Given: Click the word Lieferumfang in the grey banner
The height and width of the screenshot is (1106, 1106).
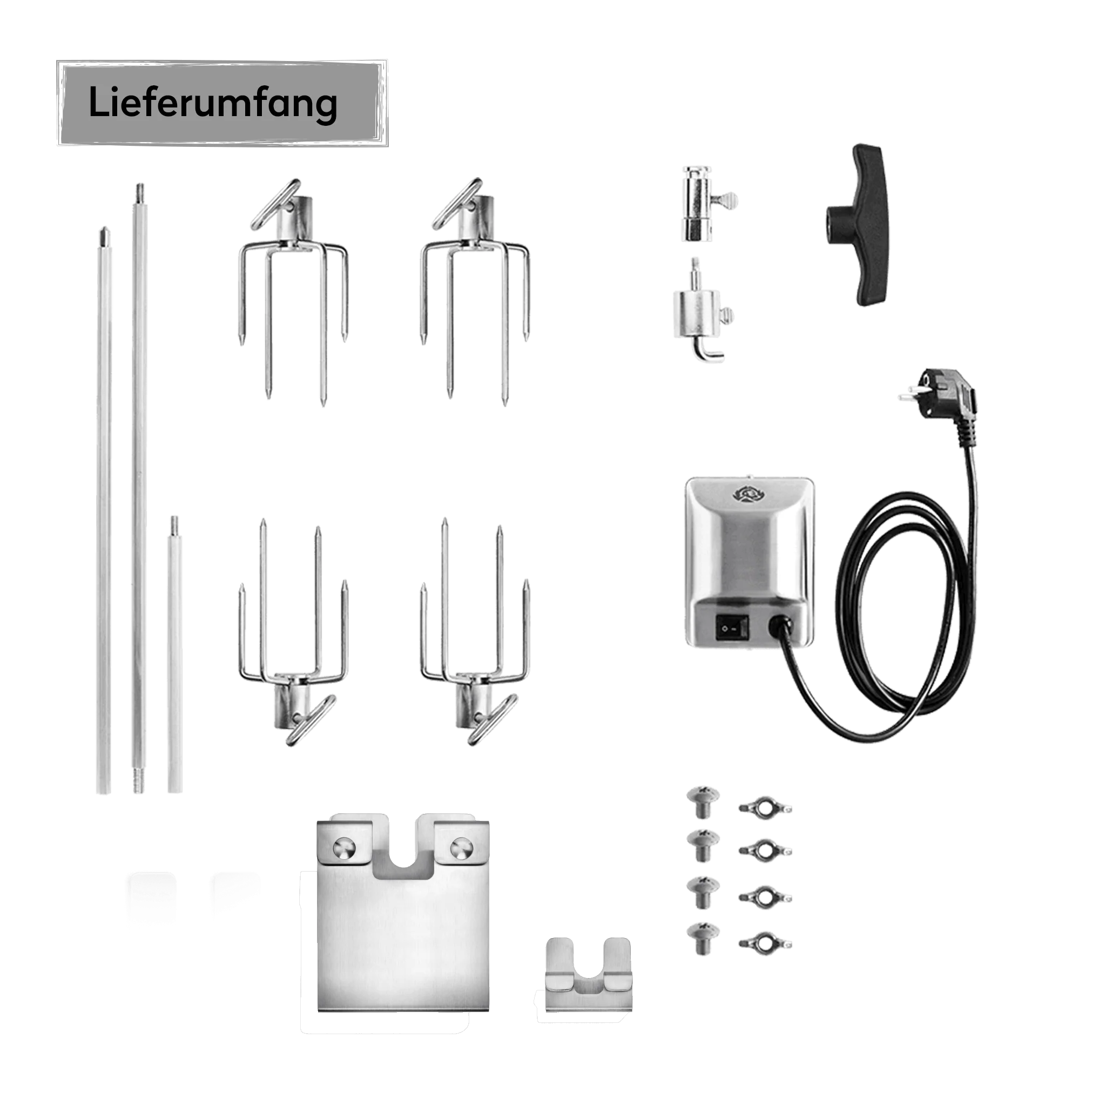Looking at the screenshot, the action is tap(212, 103).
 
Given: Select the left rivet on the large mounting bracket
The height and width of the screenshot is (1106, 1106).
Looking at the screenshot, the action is tap(344, 848).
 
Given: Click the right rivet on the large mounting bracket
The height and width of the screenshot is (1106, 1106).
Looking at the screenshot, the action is tap(461, 848).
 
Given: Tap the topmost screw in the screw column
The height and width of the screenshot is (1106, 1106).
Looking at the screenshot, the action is tap(703, 802).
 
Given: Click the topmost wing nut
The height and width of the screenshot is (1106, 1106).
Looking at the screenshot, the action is tap(765, 807).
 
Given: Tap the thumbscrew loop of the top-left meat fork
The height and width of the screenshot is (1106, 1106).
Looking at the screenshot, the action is tap(275, 204).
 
